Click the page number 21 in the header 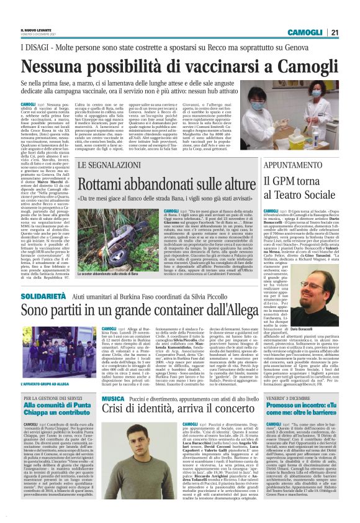334,33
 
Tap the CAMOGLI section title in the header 307,33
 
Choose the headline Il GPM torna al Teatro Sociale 300,189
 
